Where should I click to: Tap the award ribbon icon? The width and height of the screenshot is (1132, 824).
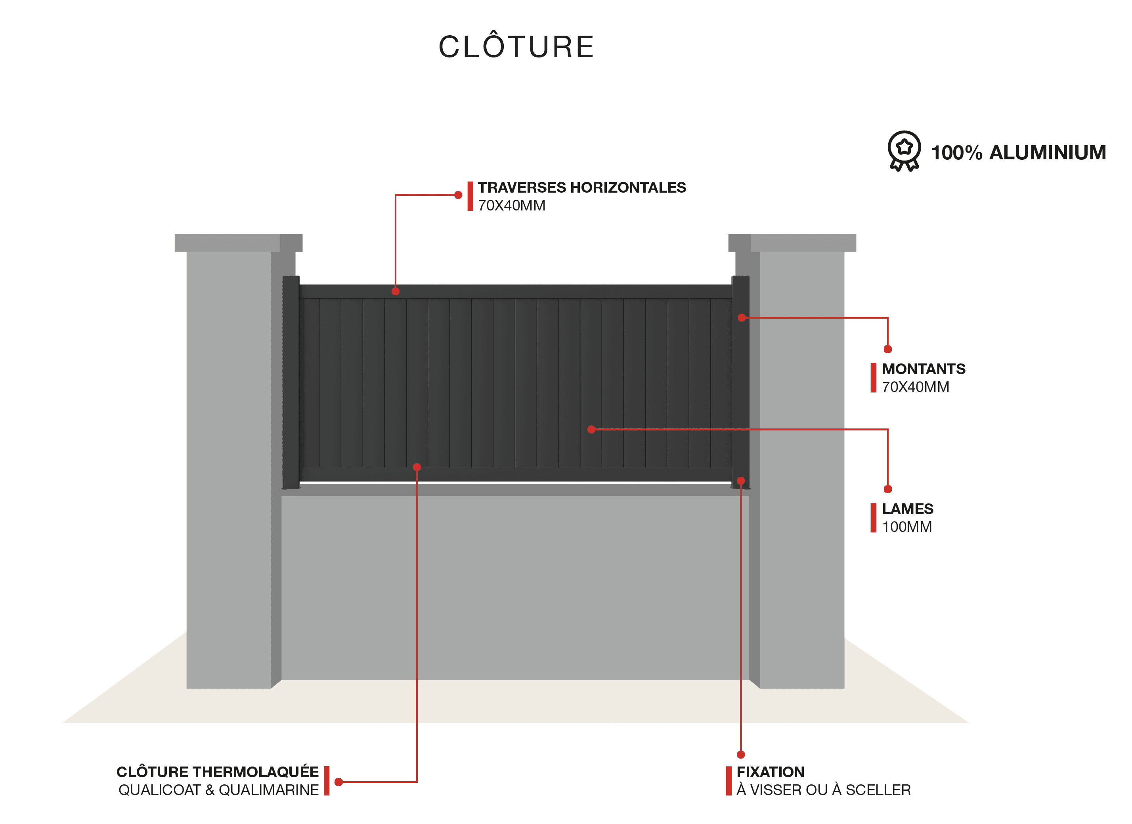(x=904, y=151)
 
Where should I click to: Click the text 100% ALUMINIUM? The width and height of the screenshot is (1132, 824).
(x=1019, y=153)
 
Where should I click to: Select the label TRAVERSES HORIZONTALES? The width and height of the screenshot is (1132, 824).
(x=582, y=187)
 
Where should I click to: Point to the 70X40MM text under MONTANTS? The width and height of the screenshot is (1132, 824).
(x=915, y=387)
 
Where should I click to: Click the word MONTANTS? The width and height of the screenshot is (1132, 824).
(x=924, y=369)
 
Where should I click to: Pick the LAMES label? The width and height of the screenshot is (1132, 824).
(x=907, y=509)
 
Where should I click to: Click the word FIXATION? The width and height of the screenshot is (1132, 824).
(x=770, y=772)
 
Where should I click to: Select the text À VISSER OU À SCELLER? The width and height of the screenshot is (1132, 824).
(x=824, y=790)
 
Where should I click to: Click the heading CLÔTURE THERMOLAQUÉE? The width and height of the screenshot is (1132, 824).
(x=218, y=772)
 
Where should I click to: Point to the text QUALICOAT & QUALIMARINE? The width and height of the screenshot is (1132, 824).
(x=219, y=790)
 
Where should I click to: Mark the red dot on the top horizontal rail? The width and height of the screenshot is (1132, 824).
(x=395, y=291)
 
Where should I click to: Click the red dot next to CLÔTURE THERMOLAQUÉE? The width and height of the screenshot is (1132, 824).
(x=338, y=782)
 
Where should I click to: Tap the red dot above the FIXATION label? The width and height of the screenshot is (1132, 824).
(x=741, y=755)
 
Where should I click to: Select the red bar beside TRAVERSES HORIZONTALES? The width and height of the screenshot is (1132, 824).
(x=470, y=196)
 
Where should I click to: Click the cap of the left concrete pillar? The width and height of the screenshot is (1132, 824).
(x=239, y=243)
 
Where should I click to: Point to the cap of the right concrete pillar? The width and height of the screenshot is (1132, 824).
(x=792, y=243)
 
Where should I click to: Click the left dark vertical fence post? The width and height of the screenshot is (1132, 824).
(x=291, y=382)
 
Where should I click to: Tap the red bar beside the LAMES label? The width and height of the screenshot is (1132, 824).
(x=874, y=518)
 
